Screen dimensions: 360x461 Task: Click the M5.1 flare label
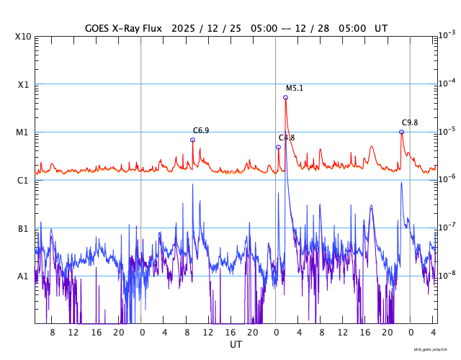(295, 89)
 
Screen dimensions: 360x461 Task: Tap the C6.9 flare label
(201, 131)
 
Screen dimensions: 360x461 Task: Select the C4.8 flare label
(287, 138)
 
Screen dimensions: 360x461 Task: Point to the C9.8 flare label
(410, 123)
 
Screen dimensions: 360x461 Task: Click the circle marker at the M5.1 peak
(285, 97)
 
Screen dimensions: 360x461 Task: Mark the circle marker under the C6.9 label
(192, 140)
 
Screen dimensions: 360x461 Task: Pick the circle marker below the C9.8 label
(401, 132)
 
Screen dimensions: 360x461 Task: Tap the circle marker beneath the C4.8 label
(278, 147)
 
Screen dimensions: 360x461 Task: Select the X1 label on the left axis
(22, 84)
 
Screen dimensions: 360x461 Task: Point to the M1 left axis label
(22, 132)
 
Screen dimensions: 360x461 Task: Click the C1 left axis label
(22, 180)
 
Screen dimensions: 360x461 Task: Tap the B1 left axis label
(22, 228)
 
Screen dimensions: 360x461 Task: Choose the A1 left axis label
(22, 276)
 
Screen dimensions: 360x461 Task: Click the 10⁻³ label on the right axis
(446, 35)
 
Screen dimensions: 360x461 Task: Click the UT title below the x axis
(236, 345)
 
